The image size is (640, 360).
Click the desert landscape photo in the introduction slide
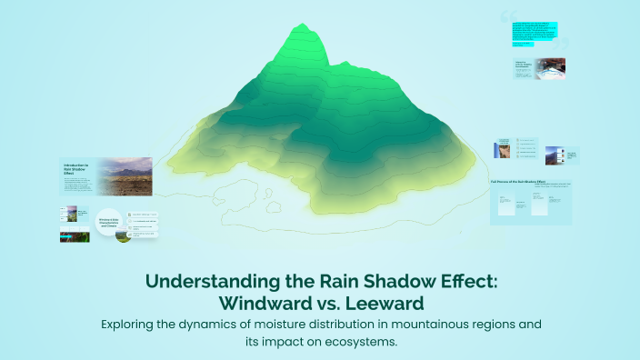point(125,176)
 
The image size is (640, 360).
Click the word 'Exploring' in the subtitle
point(134,324)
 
